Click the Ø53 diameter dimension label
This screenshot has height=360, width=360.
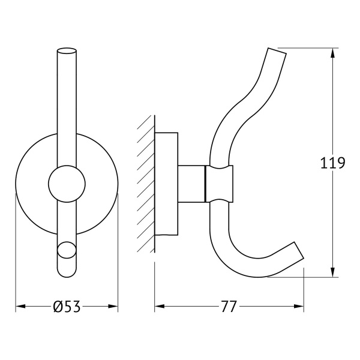[x=67, y=307]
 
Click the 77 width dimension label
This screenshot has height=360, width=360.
[x=229, y=307]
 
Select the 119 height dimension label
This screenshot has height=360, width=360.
[x=332, y=163]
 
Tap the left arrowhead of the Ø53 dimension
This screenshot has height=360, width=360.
[x=20, y=306]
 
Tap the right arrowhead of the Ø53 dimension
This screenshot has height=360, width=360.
[x=113, y=306]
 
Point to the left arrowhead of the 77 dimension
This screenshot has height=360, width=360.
[x=160, y=306]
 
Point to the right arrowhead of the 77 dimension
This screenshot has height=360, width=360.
[x=299, y=306]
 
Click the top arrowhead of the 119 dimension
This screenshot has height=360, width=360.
[x=332, y=53]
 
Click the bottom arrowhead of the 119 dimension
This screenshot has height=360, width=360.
[x=332, y=272]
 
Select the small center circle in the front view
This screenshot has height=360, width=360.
[x=67, y=184]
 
